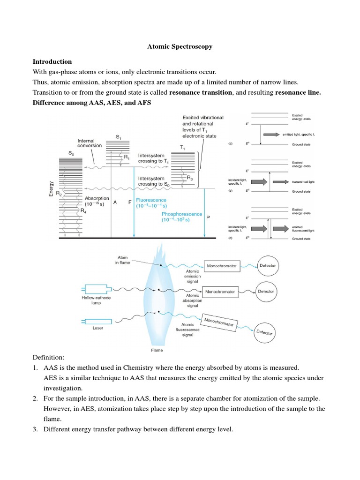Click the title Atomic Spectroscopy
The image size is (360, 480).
point(180,46)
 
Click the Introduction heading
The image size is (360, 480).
point(52,61)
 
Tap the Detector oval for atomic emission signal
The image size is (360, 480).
point(268,265)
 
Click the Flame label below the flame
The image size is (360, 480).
point(157,350)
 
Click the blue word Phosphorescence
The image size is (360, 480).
point(182,214)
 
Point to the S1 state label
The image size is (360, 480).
point(119,136)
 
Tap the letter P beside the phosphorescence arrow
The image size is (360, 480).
point(208,217)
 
